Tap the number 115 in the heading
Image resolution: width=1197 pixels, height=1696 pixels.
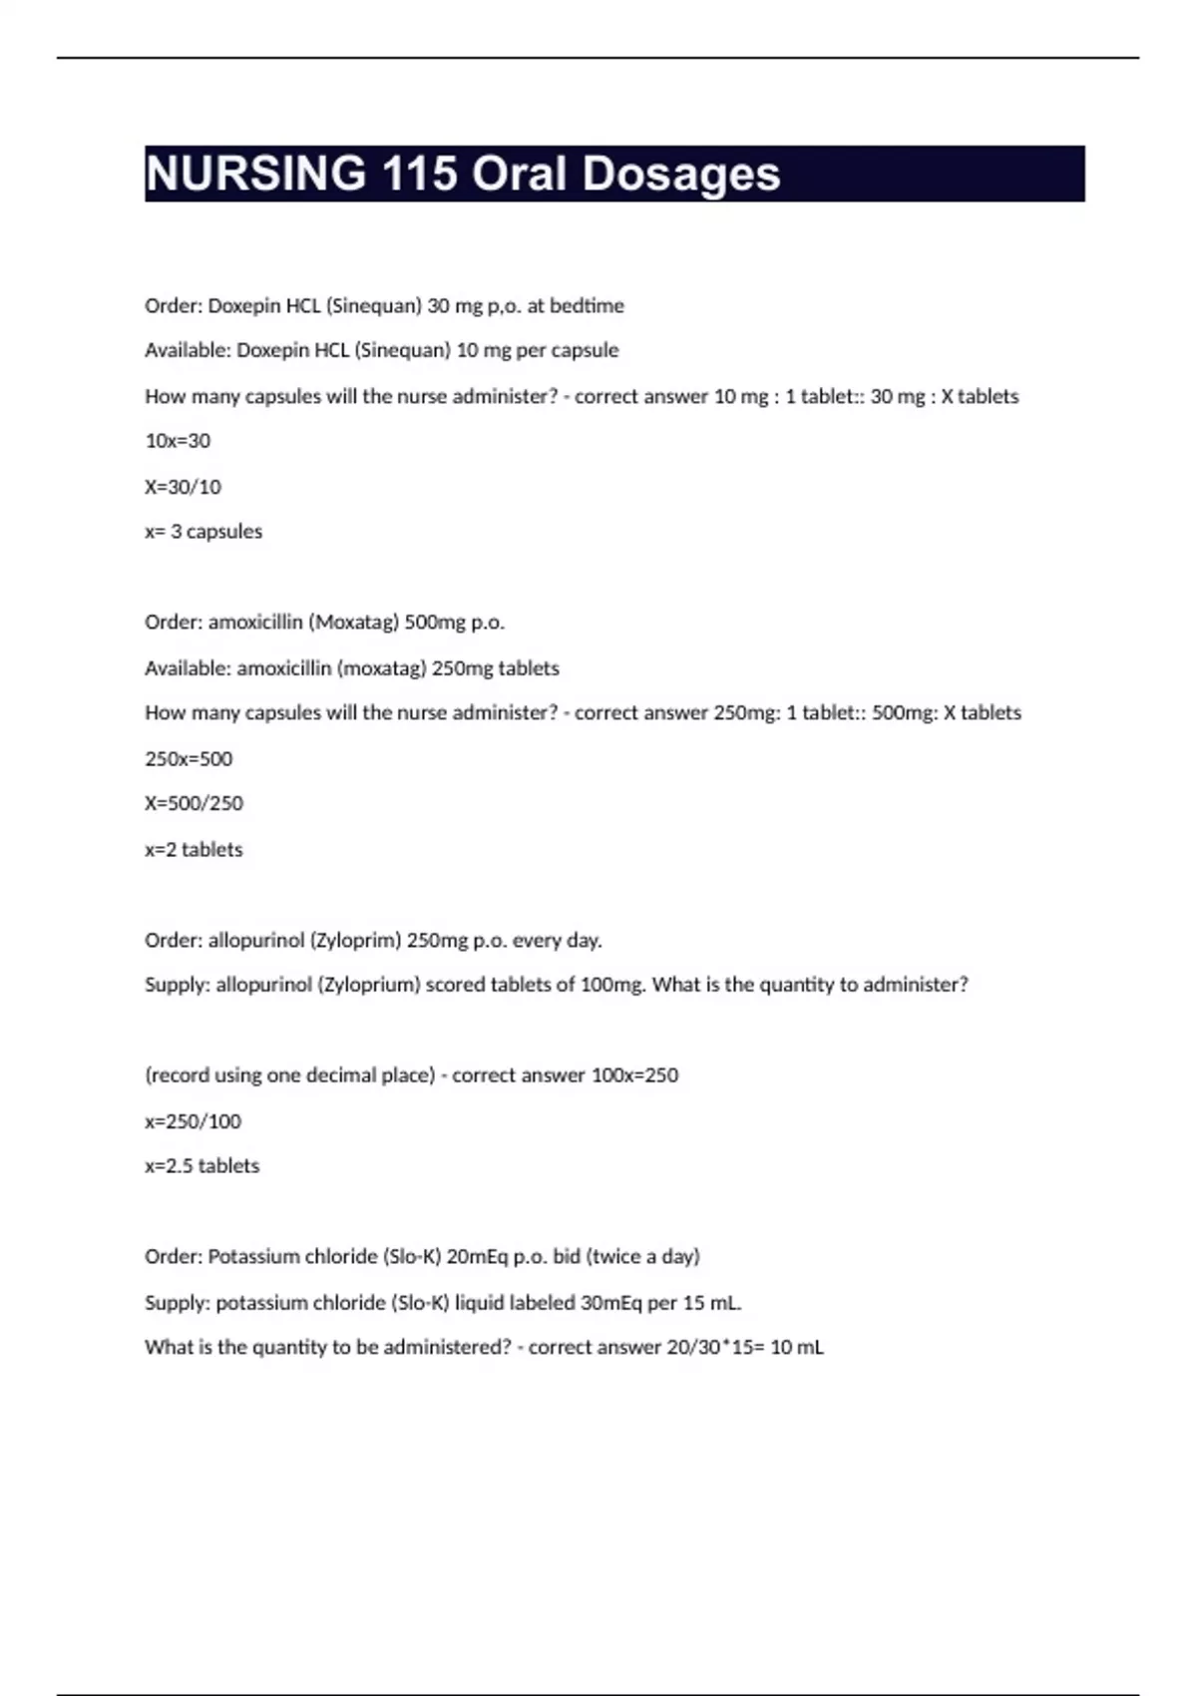tap(419, 174)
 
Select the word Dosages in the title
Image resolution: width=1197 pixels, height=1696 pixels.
tap(680, 174)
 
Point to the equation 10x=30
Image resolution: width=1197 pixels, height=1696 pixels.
tap(178, 441)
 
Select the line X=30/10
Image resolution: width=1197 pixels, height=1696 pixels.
tap(183, 487)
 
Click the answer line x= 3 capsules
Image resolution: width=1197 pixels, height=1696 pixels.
tap(203, 532)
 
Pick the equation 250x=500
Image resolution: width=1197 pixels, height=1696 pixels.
tap(189, 759)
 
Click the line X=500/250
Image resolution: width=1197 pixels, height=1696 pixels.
tap(194, 803)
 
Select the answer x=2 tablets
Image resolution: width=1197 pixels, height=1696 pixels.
tap(194, 850)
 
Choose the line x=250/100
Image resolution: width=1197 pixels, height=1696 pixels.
tap(193, 1121)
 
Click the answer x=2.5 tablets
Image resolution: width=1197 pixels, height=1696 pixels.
tap(201, 1166)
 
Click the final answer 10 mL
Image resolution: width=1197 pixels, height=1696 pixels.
tap(796, 1348)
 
